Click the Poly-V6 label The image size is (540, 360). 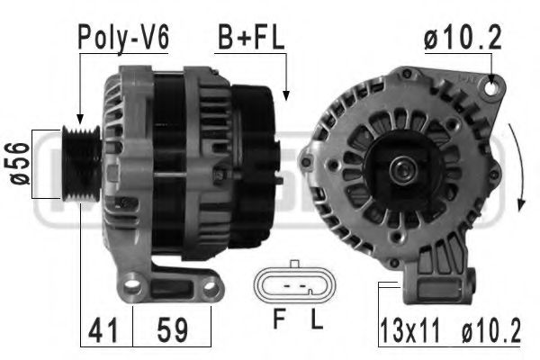(x=123, y=39)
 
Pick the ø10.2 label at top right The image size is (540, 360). (x=463, y=38)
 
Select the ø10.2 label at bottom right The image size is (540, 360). (x=491, y=331)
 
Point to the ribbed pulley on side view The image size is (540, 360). (x=83, y=166)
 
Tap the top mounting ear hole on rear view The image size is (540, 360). (x=490, y=87)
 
